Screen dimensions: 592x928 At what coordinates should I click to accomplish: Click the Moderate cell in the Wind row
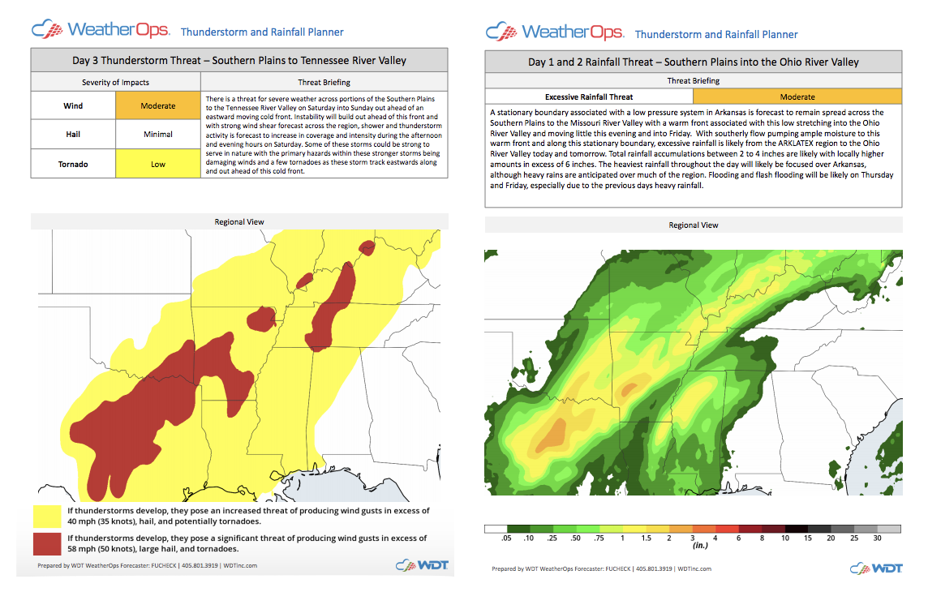157,105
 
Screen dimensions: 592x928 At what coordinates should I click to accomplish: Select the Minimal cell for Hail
157,135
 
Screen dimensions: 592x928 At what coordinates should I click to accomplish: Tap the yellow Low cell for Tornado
157,164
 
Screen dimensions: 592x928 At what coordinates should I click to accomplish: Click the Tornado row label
73,164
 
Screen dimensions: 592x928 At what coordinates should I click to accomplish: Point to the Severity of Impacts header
115,83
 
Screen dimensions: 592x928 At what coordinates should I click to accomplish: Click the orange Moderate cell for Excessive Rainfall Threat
797,97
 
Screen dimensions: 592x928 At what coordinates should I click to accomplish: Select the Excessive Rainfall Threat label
589,97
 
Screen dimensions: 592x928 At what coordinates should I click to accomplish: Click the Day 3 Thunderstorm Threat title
239,61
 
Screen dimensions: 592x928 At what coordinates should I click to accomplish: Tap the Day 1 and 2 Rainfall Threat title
693,62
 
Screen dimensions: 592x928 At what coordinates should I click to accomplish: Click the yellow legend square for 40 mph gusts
47,517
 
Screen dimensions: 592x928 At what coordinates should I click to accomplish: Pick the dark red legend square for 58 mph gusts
47,544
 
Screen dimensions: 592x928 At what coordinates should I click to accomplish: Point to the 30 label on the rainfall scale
878,538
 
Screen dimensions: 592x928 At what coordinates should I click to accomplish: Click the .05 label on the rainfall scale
507,538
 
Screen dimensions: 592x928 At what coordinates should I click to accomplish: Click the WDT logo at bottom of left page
422,565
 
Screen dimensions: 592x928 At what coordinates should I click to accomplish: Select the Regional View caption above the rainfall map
693,225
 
